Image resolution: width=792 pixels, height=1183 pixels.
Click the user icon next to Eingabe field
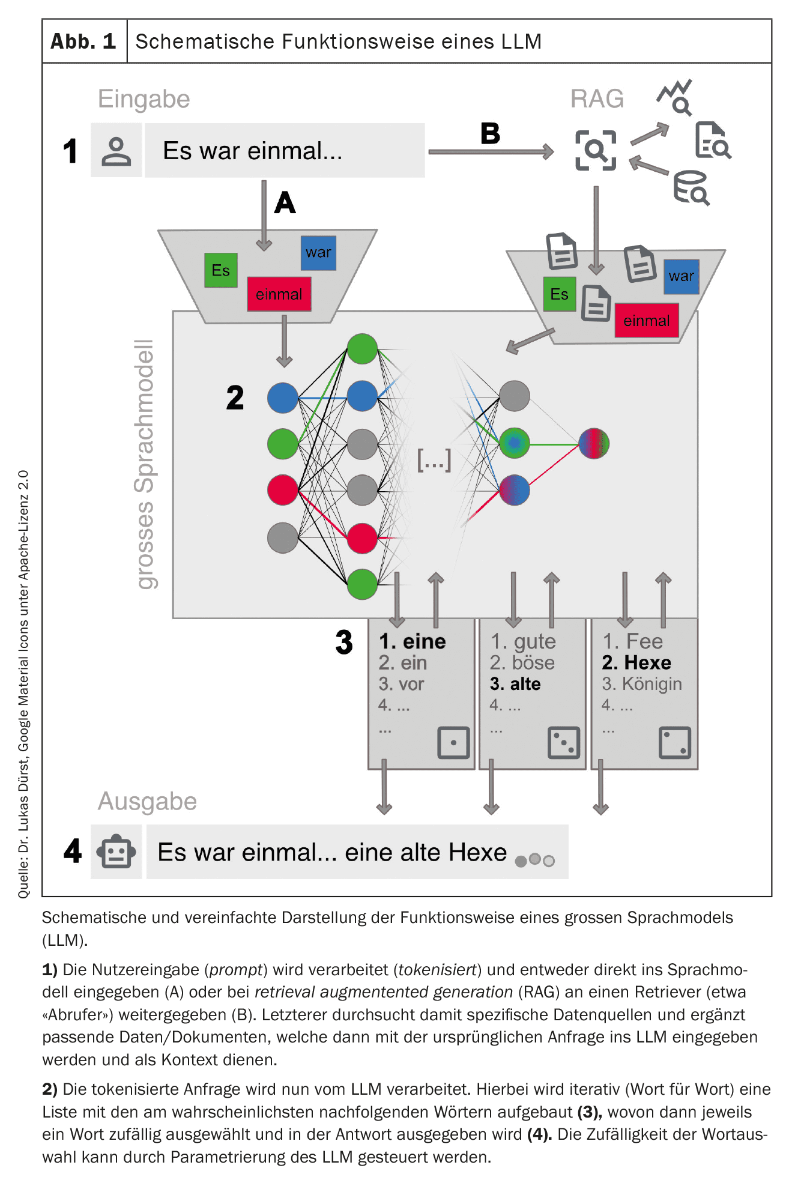coord(116,151)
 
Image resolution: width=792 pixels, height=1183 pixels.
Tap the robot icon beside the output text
coord(116,852)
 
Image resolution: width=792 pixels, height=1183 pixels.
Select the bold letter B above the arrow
coord(490,133)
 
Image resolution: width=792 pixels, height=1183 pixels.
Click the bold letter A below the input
coord(285,202)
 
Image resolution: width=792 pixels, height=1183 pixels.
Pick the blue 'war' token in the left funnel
coord(318,253)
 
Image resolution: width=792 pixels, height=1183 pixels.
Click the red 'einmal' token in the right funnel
coord(646,321)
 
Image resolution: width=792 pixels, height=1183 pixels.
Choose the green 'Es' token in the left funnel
coord(221,270)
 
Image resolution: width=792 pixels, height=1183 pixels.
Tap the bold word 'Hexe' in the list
coord(647,662)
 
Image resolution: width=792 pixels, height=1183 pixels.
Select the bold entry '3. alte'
coord(515,684)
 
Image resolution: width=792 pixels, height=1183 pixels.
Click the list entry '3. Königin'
coord(642,684)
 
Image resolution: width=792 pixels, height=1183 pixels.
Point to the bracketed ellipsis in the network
coord(434,460)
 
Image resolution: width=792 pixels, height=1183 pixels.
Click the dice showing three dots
coord(564,743)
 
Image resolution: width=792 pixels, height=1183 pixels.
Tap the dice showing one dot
coord(453,743)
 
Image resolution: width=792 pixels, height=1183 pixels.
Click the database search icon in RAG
coord(691,188)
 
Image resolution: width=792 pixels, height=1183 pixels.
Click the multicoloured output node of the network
coord(594,443)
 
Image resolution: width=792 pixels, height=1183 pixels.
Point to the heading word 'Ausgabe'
coord(147,801)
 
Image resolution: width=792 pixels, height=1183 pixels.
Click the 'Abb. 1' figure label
coord(83,41)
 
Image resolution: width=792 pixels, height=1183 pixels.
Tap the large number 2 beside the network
coord(235,398)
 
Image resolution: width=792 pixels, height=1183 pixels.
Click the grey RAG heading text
coord(597,98)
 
